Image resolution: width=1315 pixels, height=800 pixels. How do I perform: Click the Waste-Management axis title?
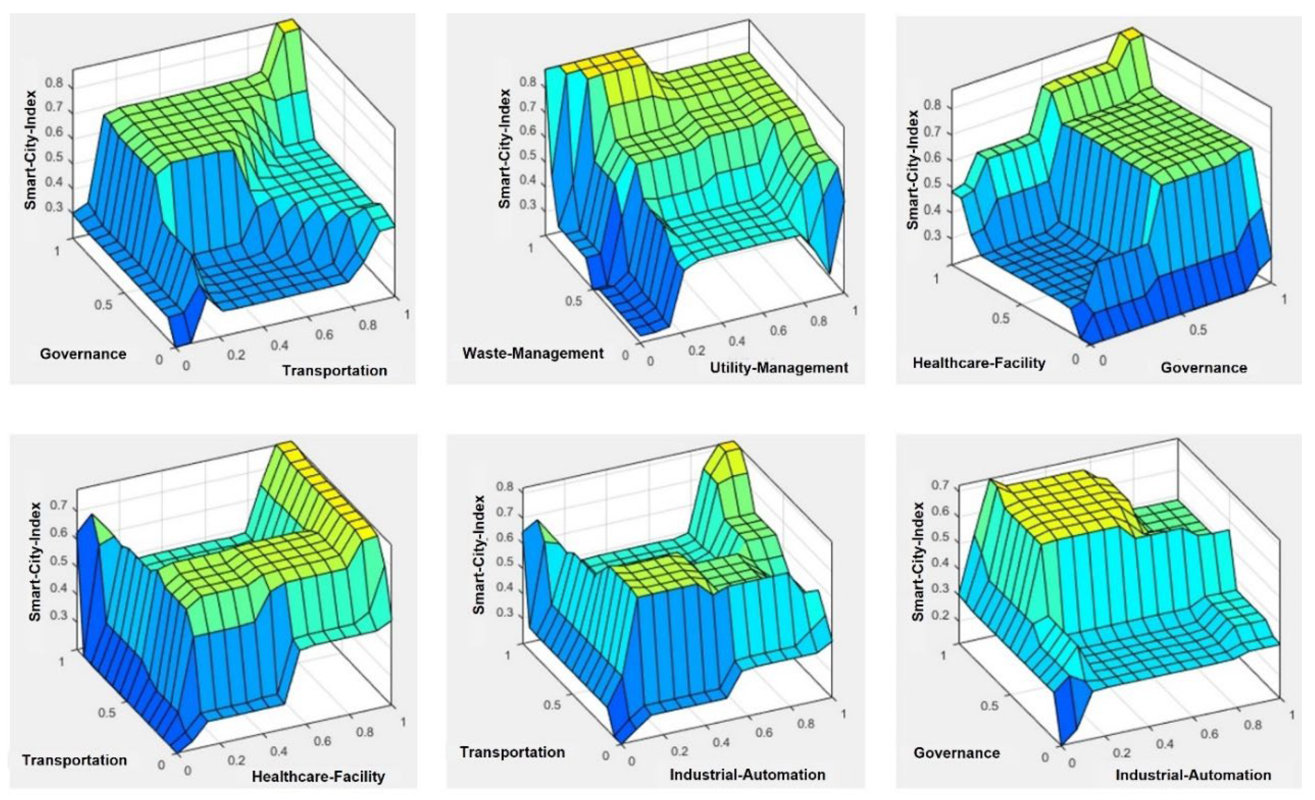[x=533, y=353]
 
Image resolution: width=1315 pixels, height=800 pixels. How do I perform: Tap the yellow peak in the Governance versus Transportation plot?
[x=289, y=25]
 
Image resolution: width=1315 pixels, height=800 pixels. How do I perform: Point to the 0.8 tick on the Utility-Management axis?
[x=819, y=321]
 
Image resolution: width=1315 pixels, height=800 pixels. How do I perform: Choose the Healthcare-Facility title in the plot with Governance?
[x=979, y=363]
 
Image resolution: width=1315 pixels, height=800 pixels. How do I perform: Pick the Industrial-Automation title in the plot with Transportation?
[x=747, y=774]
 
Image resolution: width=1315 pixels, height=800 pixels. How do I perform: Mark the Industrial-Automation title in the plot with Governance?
[x=1193, y=775]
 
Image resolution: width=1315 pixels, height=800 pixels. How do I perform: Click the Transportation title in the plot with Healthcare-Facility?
[x=75, y=759]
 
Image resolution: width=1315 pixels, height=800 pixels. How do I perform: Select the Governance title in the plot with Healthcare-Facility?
[x=1204, y=368]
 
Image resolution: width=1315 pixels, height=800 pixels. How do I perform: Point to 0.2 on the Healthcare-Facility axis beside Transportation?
[x=236, y=760]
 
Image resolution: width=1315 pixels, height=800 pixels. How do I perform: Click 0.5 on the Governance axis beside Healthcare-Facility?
[x=1198, y=330]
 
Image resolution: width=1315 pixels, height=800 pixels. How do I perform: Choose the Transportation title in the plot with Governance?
[x=334, y=371]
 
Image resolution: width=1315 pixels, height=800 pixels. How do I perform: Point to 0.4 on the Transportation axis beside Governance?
[x=279, y=346]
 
